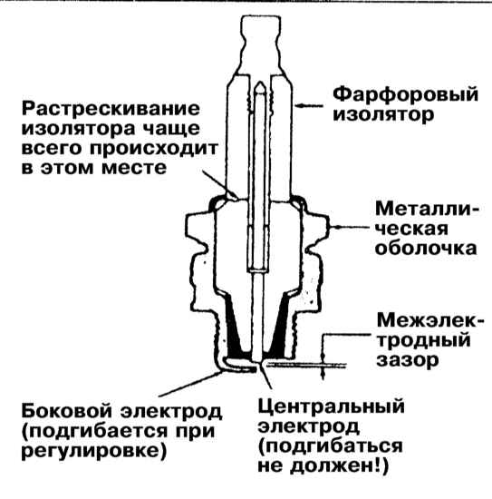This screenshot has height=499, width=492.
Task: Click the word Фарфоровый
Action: (x=405, y=95)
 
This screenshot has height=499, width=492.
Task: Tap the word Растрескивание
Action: (x=111, y=109)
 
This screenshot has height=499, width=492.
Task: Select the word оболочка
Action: (x=426, y=249)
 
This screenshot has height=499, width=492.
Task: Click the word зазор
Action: (x=408, y=360)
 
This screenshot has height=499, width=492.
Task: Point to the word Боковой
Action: (x=67, y=410)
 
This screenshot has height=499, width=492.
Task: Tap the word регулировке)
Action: (x=94, y=451)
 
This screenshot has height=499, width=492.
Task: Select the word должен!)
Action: (x=340, y=466)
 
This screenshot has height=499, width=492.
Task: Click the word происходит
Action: (x=154, y=149)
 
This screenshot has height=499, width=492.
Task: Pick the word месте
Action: (x=134, y=168)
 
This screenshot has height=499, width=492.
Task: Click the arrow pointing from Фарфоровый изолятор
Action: (x=307, y=105)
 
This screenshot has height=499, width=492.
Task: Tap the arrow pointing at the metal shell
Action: (x=348, y=227)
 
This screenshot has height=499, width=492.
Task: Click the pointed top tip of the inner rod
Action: (x=260, y=83)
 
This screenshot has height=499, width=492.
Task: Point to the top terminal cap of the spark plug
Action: (x=261, y=44)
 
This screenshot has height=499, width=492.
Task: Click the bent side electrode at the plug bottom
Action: (x=239, y=365)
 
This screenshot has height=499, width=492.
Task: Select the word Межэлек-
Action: (x=430, y=320)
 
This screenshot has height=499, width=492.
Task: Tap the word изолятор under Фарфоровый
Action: (x=383, y=115)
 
